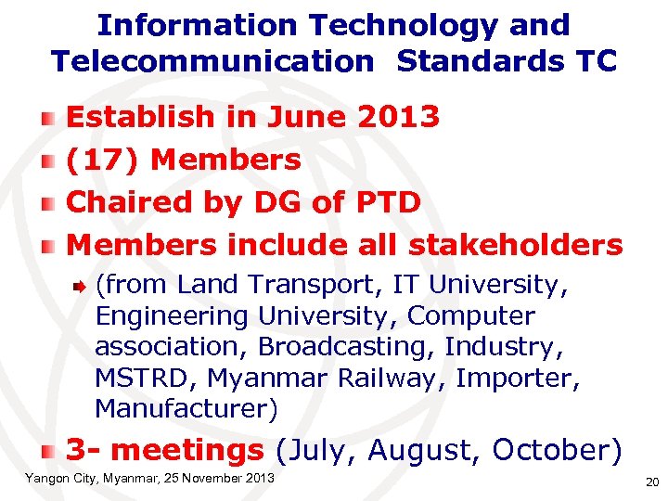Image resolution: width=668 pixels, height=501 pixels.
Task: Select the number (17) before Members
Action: tap(103, 160)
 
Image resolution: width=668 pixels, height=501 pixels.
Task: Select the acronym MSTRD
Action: tap(146, 378)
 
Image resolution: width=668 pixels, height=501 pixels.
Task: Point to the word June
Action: tap(305, 117)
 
